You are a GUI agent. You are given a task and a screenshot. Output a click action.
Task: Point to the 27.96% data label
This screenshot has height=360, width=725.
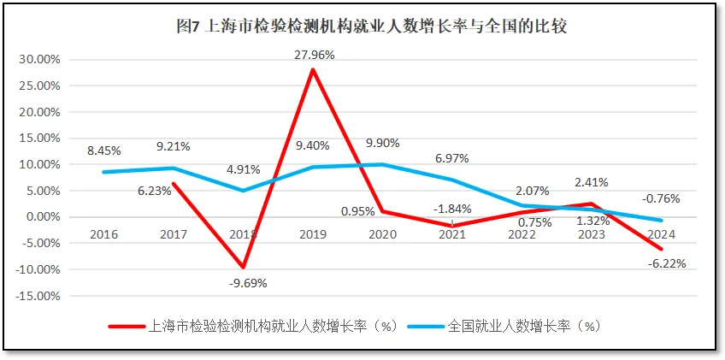coord(313,55)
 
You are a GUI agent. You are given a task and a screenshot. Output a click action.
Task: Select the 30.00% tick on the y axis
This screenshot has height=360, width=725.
coord(38,60)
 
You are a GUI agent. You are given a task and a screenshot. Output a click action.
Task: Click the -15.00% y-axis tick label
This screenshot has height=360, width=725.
coord(37,296)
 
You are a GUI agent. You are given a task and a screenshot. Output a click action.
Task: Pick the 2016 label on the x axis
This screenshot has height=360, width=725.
coord(103,233)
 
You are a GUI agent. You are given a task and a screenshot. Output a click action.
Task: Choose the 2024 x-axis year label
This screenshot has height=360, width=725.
coord(662,233)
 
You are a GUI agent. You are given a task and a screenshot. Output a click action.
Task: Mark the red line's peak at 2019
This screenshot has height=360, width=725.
coord(313,69)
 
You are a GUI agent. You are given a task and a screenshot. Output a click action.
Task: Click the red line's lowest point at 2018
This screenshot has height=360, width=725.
coord(244,267)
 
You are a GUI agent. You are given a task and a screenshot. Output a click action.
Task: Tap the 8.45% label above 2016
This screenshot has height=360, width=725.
coord(103,151)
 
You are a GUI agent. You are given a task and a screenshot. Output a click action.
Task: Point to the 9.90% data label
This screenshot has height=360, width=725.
coord(382,143)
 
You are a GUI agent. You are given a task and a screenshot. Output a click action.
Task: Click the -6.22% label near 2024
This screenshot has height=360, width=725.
coord(667,263)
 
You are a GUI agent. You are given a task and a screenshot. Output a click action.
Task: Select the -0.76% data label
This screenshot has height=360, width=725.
coord(662,198)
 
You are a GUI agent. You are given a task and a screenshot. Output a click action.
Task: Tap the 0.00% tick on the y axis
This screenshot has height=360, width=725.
coord(42,217)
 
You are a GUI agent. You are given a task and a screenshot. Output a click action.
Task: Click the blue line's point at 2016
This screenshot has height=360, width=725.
coord(103,172)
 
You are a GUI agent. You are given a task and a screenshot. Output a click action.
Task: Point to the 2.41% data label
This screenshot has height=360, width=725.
coord(591,181)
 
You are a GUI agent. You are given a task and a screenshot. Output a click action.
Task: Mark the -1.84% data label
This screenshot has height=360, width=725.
coord(452,209)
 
